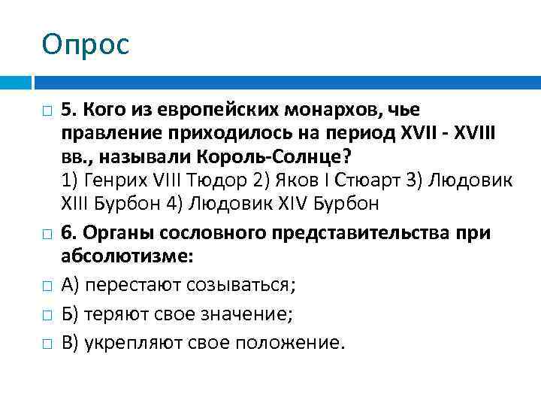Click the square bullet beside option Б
tap(47, 315)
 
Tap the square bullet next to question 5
tap(47, 113)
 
